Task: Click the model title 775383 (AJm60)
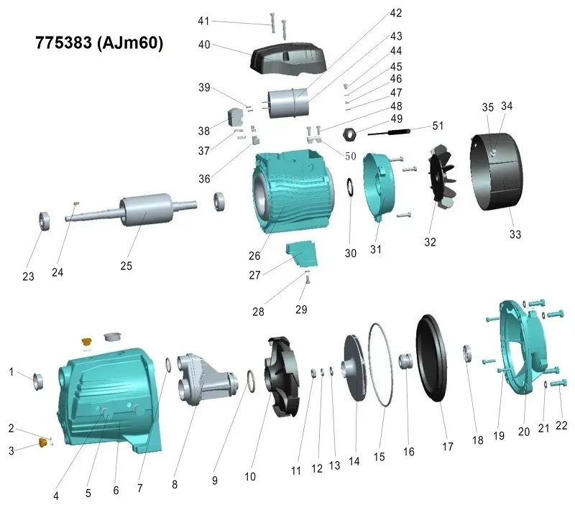[99, 43]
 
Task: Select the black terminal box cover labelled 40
[288, 60]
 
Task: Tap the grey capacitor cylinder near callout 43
[288, 103]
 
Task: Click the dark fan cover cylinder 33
[497, 172]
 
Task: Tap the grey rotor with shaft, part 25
[132, 210]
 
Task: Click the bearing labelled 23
[45, 221]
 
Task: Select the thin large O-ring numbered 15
[380, 365]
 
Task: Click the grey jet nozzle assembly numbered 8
[206, 379]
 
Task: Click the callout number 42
[396, 13]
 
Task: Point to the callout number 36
[205, 179]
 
